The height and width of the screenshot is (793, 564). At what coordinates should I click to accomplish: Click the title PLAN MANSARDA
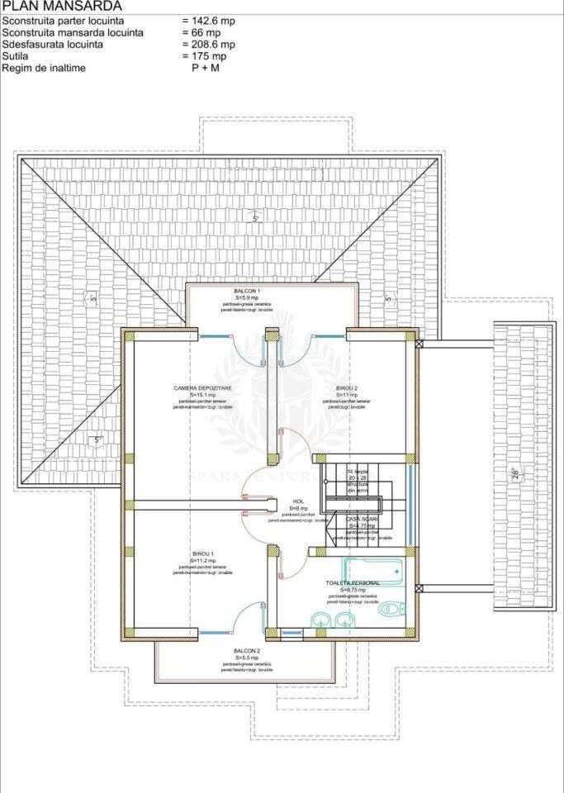point(62,6)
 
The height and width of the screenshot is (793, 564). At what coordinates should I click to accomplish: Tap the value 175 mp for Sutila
point(206,56)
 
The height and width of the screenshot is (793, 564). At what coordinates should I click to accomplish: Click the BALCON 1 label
point(246,292)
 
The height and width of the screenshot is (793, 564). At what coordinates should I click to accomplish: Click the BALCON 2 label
point(246,651)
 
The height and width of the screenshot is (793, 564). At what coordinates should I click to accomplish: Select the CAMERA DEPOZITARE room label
point(202,387)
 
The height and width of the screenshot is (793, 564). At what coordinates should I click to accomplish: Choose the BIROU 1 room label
point(202,553)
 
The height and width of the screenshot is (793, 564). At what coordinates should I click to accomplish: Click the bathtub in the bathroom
point(372,568)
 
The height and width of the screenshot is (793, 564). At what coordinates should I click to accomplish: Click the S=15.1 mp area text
point(202,395)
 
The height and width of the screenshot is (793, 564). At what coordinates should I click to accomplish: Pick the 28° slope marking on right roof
point(515,474)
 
